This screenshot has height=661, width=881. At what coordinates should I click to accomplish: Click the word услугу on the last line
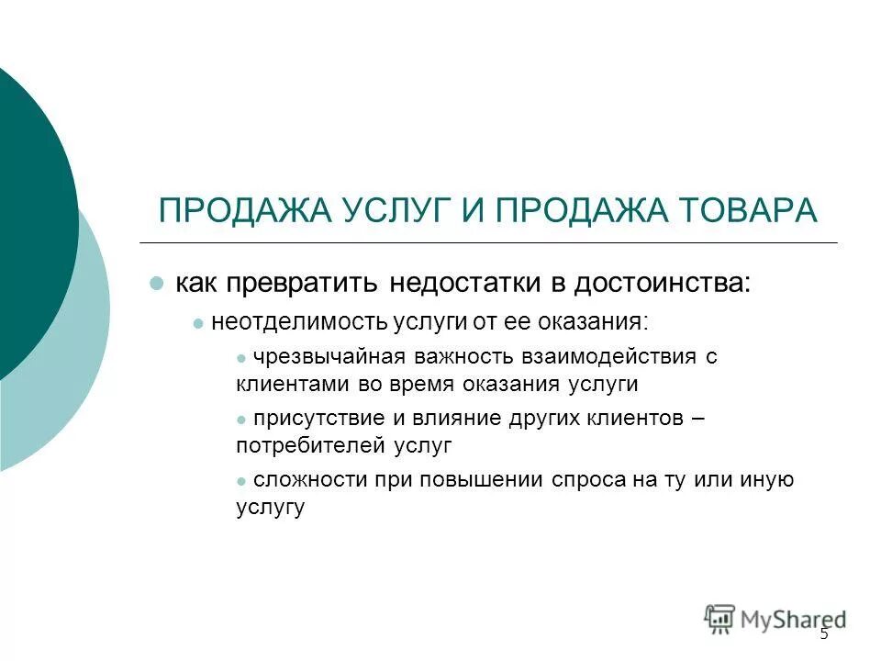click(x=269, y=506)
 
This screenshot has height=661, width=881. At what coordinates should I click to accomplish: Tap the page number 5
click(x=823, y=634)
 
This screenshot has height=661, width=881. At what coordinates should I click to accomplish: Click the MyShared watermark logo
click(x=775, y=619)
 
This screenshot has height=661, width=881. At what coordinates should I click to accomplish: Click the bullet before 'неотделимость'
click(x=197, y=323)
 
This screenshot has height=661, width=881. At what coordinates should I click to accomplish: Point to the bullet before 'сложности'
click(x=241, y=481)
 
